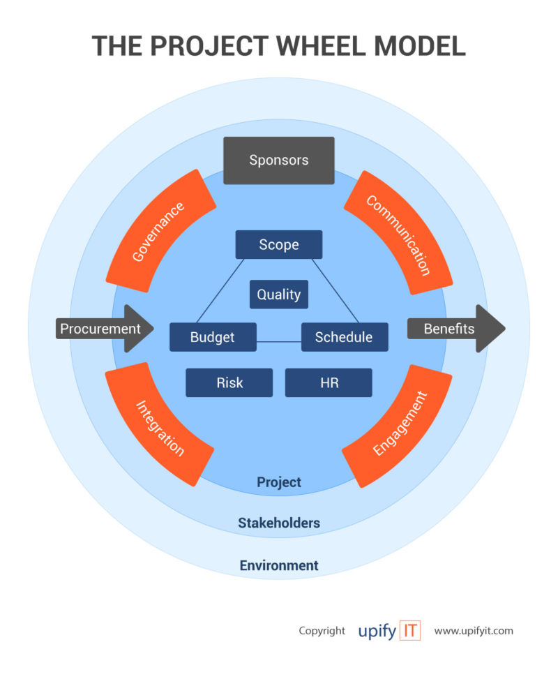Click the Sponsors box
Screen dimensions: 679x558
tap(278, 161)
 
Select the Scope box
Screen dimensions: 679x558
tap(279, 245)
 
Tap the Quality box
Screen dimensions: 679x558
tap(279, 294)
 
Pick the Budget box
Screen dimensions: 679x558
tap(213, 337)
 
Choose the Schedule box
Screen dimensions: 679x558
tap(344, 337)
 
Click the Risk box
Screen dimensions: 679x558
tap(229, 382)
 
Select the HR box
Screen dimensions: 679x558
tap(329, 382)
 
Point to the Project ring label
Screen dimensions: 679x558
tap(279, 482)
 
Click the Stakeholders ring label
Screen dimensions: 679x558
tap(279, 523)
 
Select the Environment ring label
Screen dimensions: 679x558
tap(279, 565)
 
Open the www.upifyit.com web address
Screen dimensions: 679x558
tap(474, 631)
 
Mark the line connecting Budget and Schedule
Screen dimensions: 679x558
tap(278, 342)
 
